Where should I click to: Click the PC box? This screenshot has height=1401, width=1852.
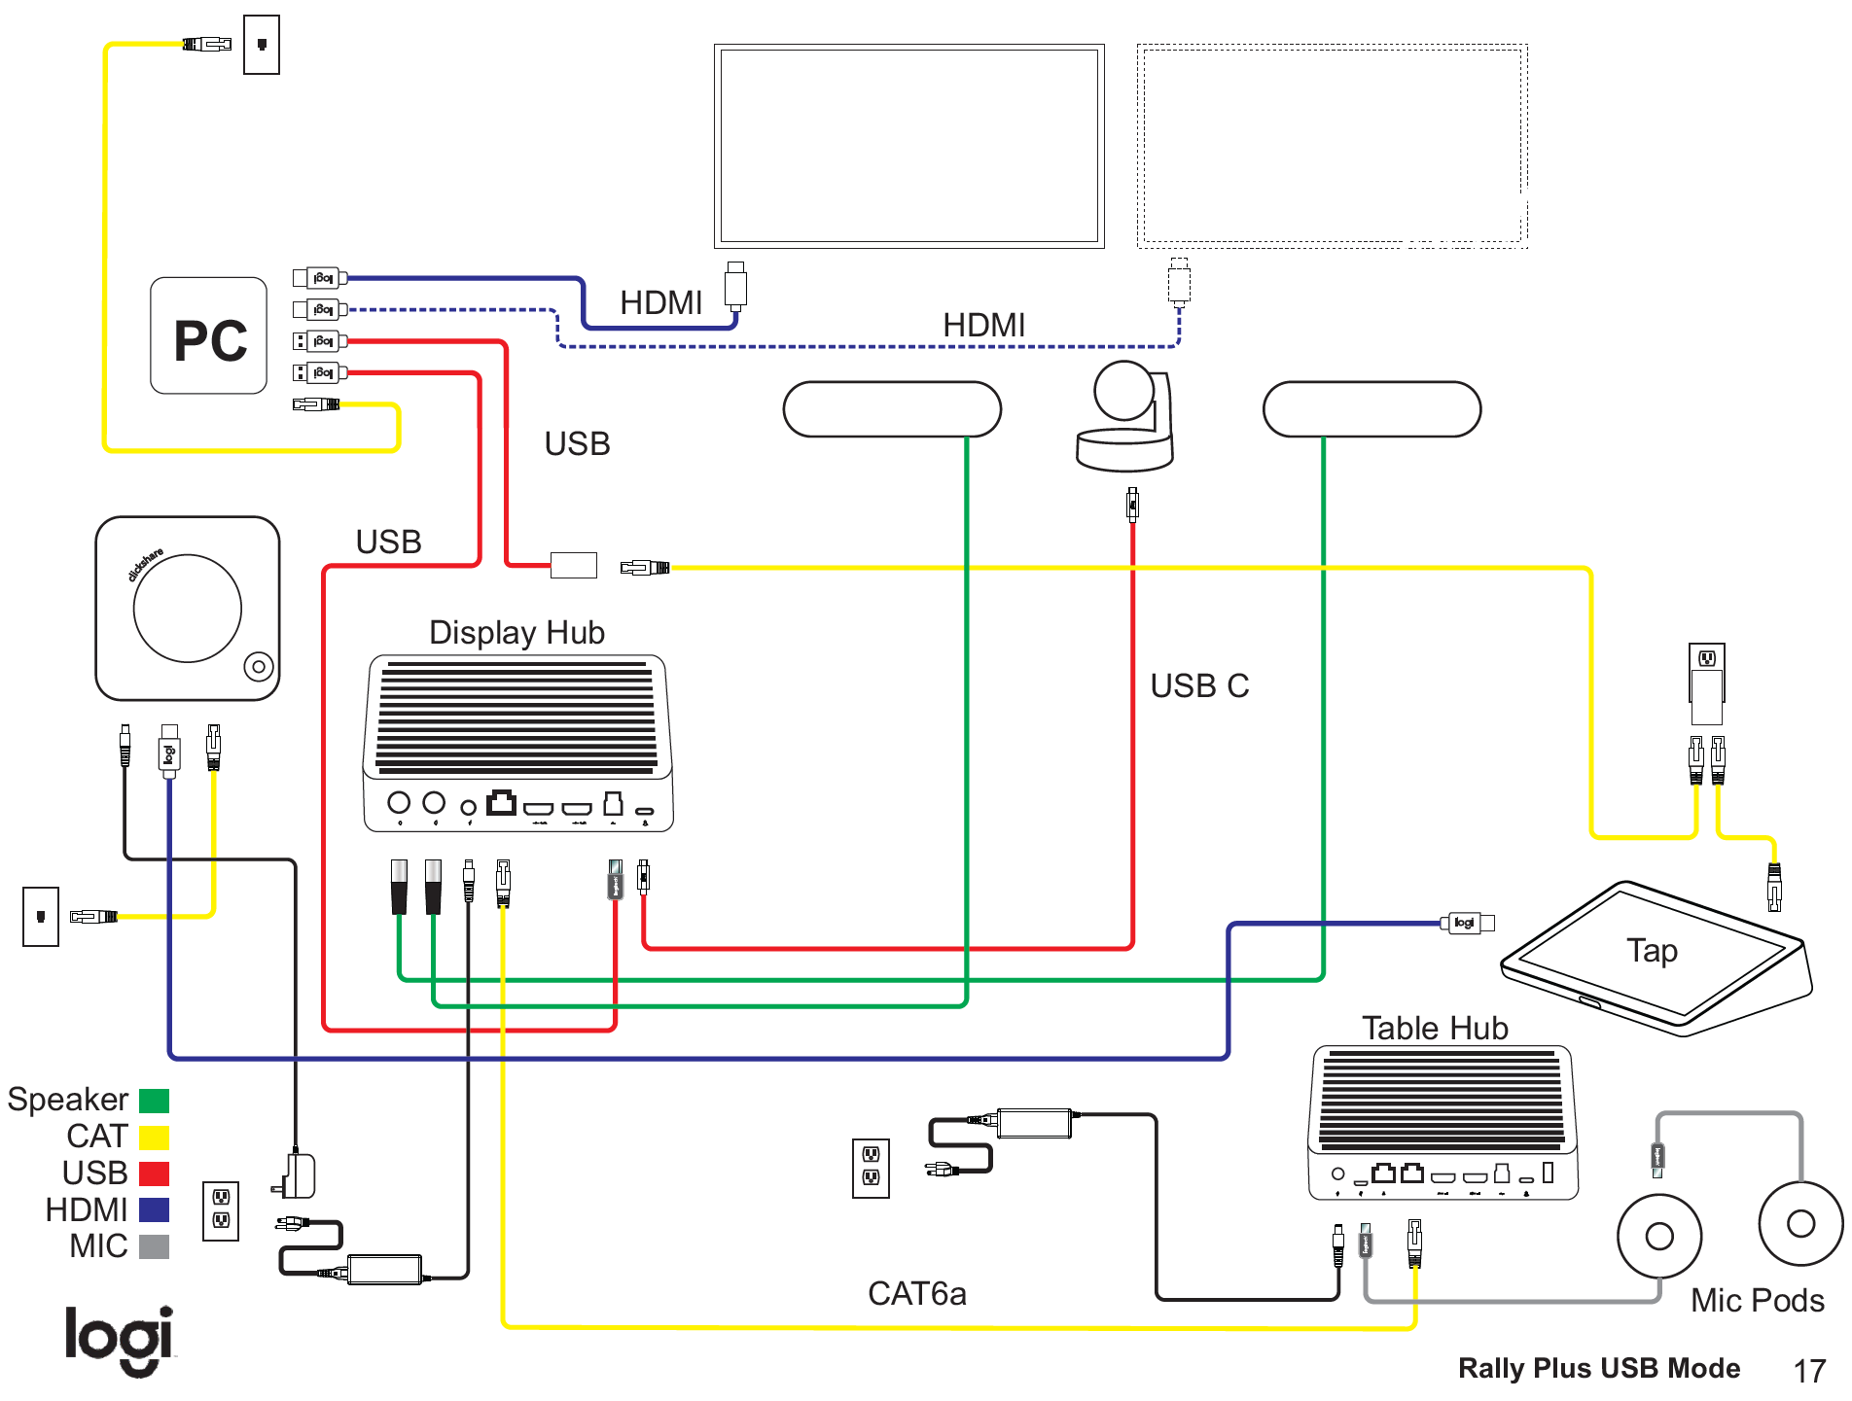(x=208, y=336)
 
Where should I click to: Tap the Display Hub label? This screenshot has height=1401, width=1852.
(x=516, y=633)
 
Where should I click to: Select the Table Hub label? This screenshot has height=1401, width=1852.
(x=1434, y=1028)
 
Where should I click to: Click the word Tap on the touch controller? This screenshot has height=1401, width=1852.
(x=1652, y=951)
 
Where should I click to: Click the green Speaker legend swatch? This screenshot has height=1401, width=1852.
(x=154, y=1101)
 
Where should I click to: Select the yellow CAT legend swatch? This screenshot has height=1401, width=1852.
(x=154, y=1138)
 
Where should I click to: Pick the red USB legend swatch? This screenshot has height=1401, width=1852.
(x=154, y=1173)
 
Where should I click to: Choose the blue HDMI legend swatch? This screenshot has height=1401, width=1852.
(x=154, y=1210)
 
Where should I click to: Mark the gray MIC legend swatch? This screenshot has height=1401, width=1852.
(x=154, y=1246)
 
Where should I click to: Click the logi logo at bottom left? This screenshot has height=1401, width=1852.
(x=119, y=1340)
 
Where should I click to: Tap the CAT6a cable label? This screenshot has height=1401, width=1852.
(x=916, y=1294)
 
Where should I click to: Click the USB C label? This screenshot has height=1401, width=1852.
(x=1198, y=686)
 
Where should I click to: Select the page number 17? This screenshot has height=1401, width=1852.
(x=1809, y=1371)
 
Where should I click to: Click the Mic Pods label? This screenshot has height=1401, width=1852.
(x=1757, y=1301)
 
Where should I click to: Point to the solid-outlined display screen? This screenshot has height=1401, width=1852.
(x=908, y=146)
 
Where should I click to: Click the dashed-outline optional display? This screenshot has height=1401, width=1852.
(x=1332, y=146)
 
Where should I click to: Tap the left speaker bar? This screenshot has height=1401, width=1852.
(x=891, y=409)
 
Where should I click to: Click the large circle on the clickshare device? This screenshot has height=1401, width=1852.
(x=187, y=609)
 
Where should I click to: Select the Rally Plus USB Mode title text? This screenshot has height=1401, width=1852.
(x=1598, y=1369)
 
